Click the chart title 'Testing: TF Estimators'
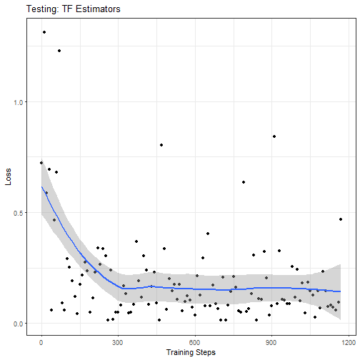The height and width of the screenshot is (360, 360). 74,9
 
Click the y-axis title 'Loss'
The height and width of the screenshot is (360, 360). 8,176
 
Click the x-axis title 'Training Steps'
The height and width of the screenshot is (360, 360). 191,352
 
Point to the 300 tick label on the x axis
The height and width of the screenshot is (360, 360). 118,343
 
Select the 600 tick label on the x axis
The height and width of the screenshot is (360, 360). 194,343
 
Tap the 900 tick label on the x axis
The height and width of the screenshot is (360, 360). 271,343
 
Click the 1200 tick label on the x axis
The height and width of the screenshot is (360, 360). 349,343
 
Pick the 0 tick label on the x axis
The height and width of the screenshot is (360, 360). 41,343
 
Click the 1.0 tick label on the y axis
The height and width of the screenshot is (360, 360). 19,102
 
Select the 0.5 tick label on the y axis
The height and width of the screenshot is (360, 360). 19,213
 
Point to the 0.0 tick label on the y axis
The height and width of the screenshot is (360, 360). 19,324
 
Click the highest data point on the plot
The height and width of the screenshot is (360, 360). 44,32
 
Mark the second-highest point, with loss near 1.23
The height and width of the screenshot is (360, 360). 59,51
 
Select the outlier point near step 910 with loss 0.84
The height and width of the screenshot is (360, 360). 274,136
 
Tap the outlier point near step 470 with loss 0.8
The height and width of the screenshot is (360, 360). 161,145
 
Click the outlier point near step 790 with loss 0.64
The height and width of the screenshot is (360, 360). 244,182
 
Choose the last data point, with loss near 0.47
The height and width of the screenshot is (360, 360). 341,219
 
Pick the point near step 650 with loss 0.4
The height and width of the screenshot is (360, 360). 208,234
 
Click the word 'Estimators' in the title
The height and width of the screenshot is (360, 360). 98,9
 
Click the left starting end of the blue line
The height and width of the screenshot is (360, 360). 41,186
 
